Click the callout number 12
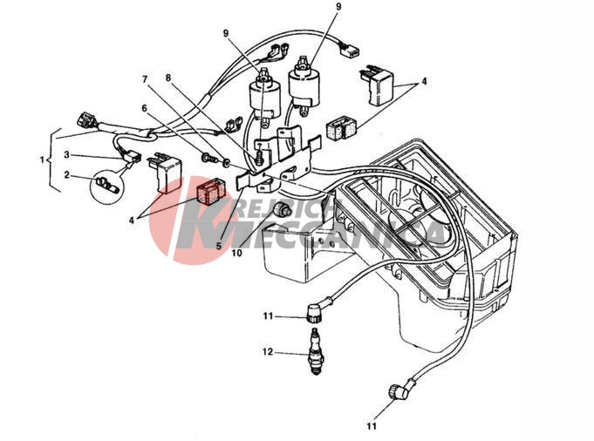(x=268, y=352)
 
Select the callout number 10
(x=236, y=254)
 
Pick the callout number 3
(x=66, y=154)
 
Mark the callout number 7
(x=146, y=80)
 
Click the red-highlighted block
(x=211, y=192)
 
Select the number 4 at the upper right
(x=424, y=81)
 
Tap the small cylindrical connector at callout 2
(x=103, y=184)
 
